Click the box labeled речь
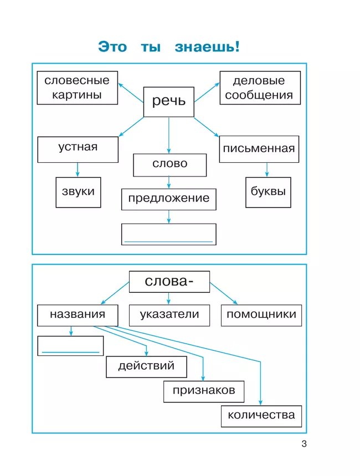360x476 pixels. pyautogui.click(x=168, y=102)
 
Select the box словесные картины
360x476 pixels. pyautogui.click(x=77, y=87)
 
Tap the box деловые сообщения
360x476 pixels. pyautogui.click(x=259, y=87)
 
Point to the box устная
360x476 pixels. pyautogui.click(x=78, y=149)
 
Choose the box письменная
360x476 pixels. pyautogui.click(x=259, y=149)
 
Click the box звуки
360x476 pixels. pyautogui.click(x=78, y=192)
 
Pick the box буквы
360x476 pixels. pyautogui.click(x=268, y=192)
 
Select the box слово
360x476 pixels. pyautogui.click(x=169, y=164)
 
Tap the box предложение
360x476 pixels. pyautogui.click(x=168, y=199)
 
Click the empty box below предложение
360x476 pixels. pyautogui.click(x=168, y=234)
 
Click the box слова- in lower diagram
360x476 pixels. pyautogui.click(x=169, y=281)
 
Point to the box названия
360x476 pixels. pyautogui.click(x=78, y=315)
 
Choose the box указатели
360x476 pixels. pyautogui.click(x=169, y=315)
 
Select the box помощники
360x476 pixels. pyautogui.click(x=261, y=315)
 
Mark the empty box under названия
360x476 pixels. pyautogui.click(x=70, y=346)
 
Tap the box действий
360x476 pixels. pyautogui.click(x=146, y=366)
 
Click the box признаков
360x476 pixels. pyautogui.click(x=203, y=391)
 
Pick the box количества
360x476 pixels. pyautogui.click(x=261, y=416)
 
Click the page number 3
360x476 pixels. pyautogui.click(x=303, y=444)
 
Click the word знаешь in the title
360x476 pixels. pyautogui.click(x=207, y=47)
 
